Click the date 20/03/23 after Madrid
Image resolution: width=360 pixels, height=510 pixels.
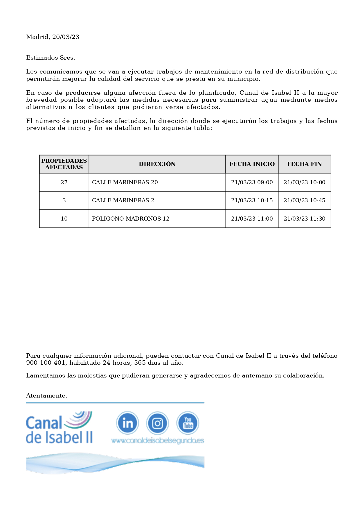66,37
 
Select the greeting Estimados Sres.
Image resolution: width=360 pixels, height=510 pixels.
51,58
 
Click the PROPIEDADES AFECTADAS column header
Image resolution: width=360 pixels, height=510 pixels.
64,164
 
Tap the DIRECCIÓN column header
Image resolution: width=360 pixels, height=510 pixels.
157,164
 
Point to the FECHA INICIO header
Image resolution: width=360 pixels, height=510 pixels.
252,164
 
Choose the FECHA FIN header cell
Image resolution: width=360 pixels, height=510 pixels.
304,164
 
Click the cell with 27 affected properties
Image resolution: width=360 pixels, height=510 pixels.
64,182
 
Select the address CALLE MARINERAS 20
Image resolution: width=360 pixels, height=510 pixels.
125,182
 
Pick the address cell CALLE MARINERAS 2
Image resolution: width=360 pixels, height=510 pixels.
123,200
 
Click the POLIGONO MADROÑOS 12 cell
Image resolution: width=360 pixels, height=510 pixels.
131,219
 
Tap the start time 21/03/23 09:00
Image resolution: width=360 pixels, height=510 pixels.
252,182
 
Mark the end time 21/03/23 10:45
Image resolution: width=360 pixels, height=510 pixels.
304,200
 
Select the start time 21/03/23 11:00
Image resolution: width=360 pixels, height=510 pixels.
252,219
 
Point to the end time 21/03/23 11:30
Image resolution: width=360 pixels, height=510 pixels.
304,219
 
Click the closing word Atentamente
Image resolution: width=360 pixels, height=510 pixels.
47,396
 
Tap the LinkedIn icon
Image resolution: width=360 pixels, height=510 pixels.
127,423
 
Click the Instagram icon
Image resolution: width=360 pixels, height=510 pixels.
157,423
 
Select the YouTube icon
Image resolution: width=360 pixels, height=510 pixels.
188,423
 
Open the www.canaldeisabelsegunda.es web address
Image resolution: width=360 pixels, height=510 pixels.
157,441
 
